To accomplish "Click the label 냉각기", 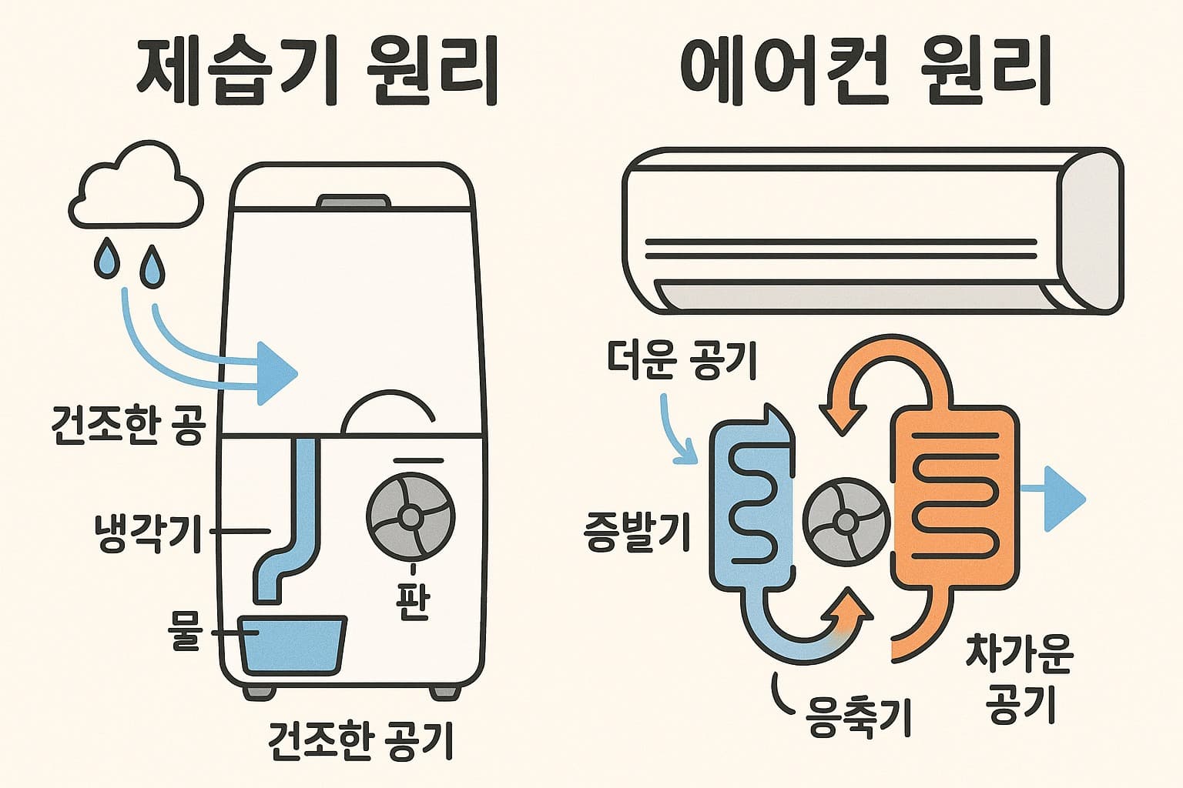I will (146, 532).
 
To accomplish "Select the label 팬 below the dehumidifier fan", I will (413, 601).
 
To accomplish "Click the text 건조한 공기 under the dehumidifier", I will (360, 740).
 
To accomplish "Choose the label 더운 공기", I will (681, 361).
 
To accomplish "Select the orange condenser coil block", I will (955, 496).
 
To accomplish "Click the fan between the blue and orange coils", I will (846, 521).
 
